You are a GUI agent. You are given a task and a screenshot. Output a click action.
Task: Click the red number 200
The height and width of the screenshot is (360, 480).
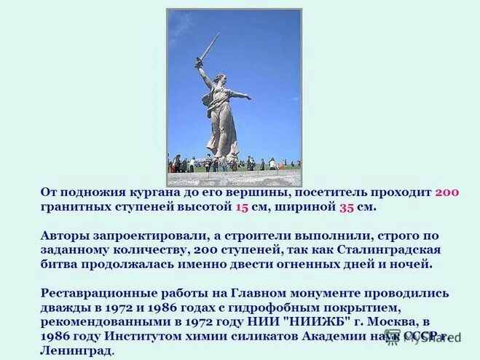(x=447, y=192)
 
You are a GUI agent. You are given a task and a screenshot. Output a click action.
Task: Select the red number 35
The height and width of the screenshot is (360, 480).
(x=348, y=207)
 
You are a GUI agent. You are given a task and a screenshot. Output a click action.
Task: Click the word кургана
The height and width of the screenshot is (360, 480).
(x=153, y=192)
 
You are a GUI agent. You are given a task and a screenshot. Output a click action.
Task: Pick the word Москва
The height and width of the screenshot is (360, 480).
(x=392, y=321)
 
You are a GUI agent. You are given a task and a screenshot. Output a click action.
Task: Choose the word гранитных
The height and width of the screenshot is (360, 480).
(x=74, y=207)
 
